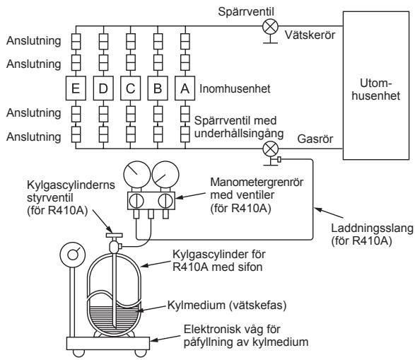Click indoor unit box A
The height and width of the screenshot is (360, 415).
click(185, 88)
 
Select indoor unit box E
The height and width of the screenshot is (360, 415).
click(76, 88)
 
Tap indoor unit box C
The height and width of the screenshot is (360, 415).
click(131, 88)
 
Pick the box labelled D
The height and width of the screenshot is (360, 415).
click(103, 88)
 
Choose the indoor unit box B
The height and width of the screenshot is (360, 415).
click(158, 88)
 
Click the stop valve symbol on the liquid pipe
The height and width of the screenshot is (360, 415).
click(270, 26)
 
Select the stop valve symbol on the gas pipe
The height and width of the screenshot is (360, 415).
click(271, 149)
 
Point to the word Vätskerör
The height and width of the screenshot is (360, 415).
click(310, 35)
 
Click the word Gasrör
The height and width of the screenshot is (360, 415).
click(315, 139)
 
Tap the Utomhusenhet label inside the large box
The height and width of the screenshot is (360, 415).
click(376, 90)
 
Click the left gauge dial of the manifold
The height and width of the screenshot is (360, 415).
click(137, 174)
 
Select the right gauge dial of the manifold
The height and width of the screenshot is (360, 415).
click(165, 174)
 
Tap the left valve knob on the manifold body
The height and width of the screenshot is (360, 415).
click(136, 201)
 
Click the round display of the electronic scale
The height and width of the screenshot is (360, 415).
click(73, 255)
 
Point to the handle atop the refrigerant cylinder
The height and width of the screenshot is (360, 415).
click(114, 235)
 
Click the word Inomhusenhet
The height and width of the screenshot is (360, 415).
click(235, 88)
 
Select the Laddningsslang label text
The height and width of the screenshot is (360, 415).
click(372, 234)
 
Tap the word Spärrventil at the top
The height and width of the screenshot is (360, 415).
click(246, 11)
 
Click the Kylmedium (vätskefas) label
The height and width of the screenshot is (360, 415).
click(227, 305)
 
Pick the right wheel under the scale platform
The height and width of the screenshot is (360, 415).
click(141, 353)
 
